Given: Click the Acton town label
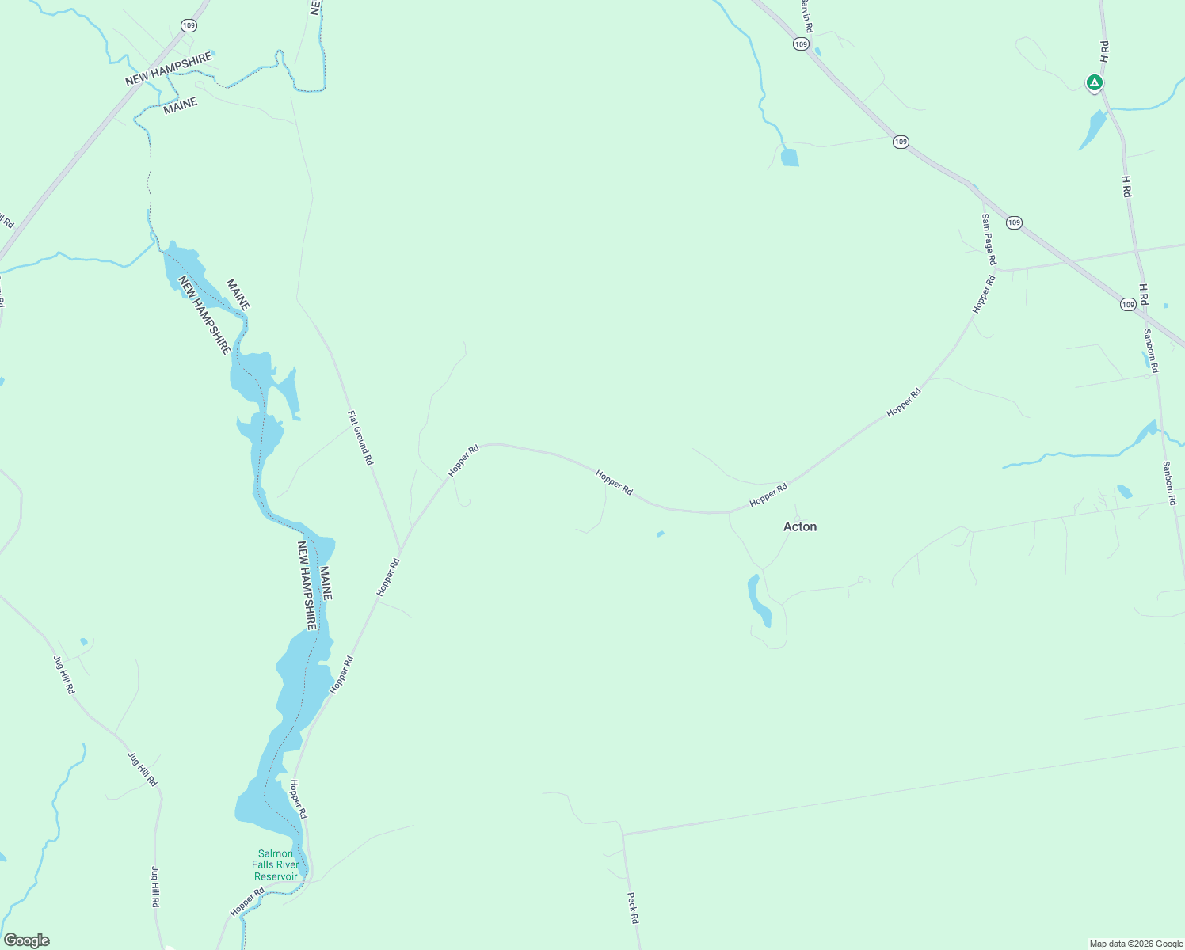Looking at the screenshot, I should click(x=799, y=526).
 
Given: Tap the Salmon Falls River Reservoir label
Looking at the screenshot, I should click(x=276, y=864).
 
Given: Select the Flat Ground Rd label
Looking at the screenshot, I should click(x=360, y=437).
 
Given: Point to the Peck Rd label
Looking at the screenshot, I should click(x=632, y=908).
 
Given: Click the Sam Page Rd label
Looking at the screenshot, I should click(x=989, y=239).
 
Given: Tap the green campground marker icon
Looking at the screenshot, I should click(x=1094, y=82).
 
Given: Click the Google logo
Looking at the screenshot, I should click(x=27, y=940).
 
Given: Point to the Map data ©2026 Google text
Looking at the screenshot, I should click(x=1135, y=944).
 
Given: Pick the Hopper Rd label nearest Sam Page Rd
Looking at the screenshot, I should click(x=984, y=294).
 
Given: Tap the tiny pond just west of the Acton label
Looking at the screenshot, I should click(x=661, y=534).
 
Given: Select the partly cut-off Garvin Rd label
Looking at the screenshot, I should click(x=805, y=16).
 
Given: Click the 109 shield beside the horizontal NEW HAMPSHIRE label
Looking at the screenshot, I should click(x=188, y=25).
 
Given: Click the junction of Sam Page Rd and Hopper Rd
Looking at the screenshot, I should click(x=996, y=269).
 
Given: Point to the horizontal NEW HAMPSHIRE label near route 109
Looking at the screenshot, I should click(x=169, y=69).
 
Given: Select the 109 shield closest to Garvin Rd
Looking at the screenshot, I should click(x=801, y=44).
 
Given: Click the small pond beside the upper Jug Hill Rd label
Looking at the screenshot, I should click(x=83, y=641).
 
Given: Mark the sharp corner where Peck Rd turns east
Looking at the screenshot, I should click(x=623, y=834).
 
